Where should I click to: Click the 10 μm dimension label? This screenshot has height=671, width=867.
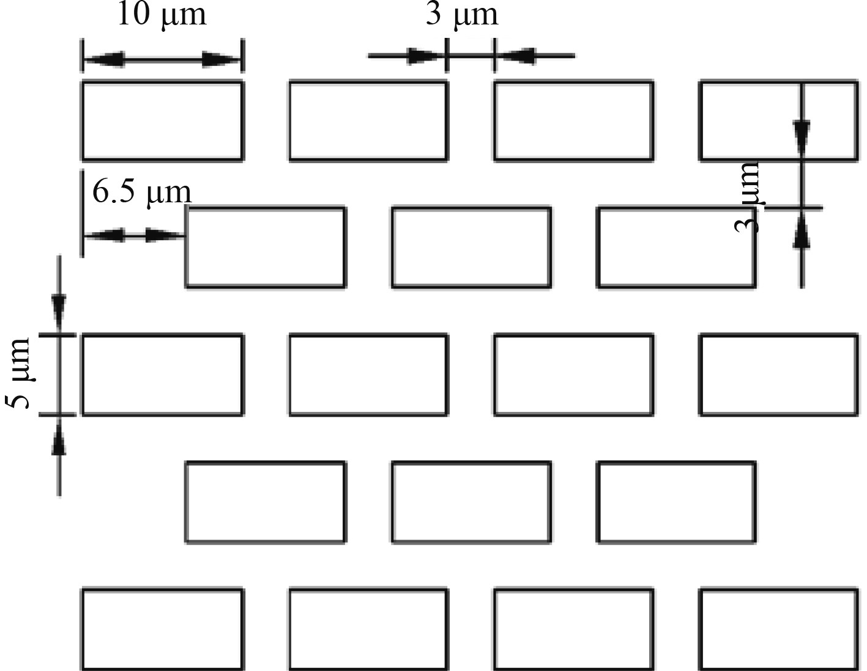click(x=162, y=15)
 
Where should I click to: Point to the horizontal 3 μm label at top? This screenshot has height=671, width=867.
click(x=462, y=15)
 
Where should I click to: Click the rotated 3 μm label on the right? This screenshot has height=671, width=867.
click(x=747, y=197)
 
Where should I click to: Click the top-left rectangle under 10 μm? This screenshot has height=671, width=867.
click(x=162, y=120)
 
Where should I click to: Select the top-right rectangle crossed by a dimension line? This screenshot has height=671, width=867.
click(x=778, y=120)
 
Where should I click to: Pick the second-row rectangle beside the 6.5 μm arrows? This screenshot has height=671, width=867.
click(x=266, y=247)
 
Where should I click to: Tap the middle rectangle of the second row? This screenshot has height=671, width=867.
click(x=471, y=247)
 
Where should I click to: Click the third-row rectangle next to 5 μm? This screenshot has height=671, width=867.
click(x=162, y=375)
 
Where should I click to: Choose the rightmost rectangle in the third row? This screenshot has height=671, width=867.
click(x=778, y=375)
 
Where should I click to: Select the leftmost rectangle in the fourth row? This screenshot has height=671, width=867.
click(x=266, y=502)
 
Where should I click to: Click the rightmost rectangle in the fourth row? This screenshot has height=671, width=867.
click(x=677, y=502)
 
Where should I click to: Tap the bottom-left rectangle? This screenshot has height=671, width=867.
click(x=162, y=629)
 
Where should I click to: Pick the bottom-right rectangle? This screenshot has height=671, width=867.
click(x=778, y=629)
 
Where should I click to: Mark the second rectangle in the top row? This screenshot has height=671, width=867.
click(x=368, y=120)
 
